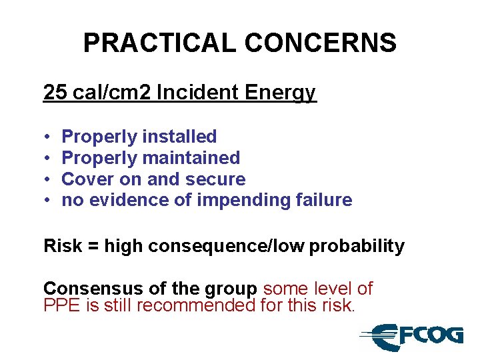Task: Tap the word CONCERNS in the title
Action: (321, 43)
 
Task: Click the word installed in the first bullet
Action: (181, 137)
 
